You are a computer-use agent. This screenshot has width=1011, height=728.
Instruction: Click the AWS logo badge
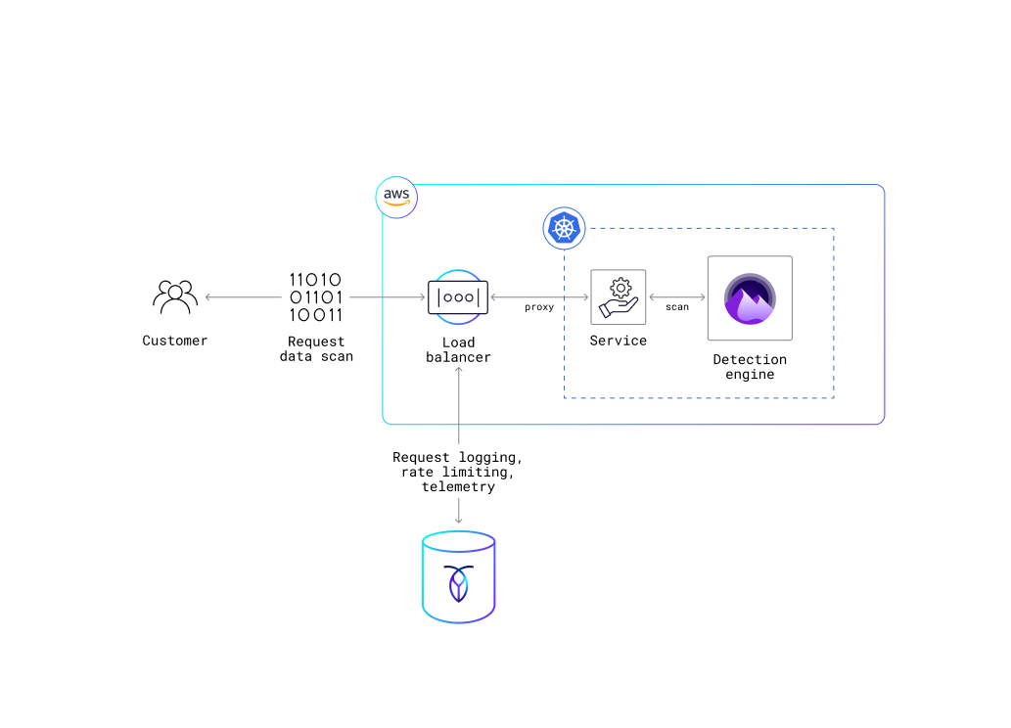click(x=396, y=197)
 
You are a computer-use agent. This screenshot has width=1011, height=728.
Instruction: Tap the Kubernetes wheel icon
click(x=563, y=228)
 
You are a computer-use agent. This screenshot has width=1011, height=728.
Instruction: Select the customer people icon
click(x=175, y=296)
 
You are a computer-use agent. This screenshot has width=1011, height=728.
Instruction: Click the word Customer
click(x=175, y=341)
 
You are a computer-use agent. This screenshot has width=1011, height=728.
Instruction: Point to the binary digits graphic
click(x=316, y=297)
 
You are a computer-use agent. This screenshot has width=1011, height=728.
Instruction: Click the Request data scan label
click(x=316, y=349)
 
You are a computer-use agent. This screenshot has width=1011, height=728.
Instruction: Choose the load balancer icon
click(x=458, y=296)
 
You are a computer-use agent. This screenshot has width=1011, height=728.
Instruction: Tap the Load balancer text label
click(x=458, y=349)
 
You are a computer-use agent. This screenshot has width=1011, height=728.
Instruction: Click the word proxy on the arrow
click(x=539, y=307)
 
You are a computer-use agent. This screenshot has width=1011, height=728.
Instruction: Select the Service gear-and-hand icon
click(x=619, y=296)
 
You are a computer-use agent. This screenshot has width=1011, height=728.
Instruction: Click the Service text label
click(x=619, y=341)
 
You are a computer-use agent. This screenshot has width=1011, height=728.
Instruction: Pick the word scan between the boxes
click(x=677, y=307)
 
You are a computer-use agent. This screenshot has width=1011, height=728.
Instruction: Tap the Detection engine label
click(x=750, y=367)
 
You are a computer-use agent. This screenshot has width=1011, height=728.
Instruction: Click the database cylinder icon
click(x=459, y=577)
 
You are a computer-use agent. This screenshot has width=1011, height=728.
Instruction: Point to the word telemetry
click(x=458, y=487)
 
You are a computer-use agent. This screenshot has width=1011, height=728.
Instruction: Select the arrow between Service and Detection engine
click(x=677, y=296)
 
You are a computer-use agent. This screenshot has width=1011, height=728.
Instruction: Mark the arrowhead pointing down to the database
click(x=458, y=520)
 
